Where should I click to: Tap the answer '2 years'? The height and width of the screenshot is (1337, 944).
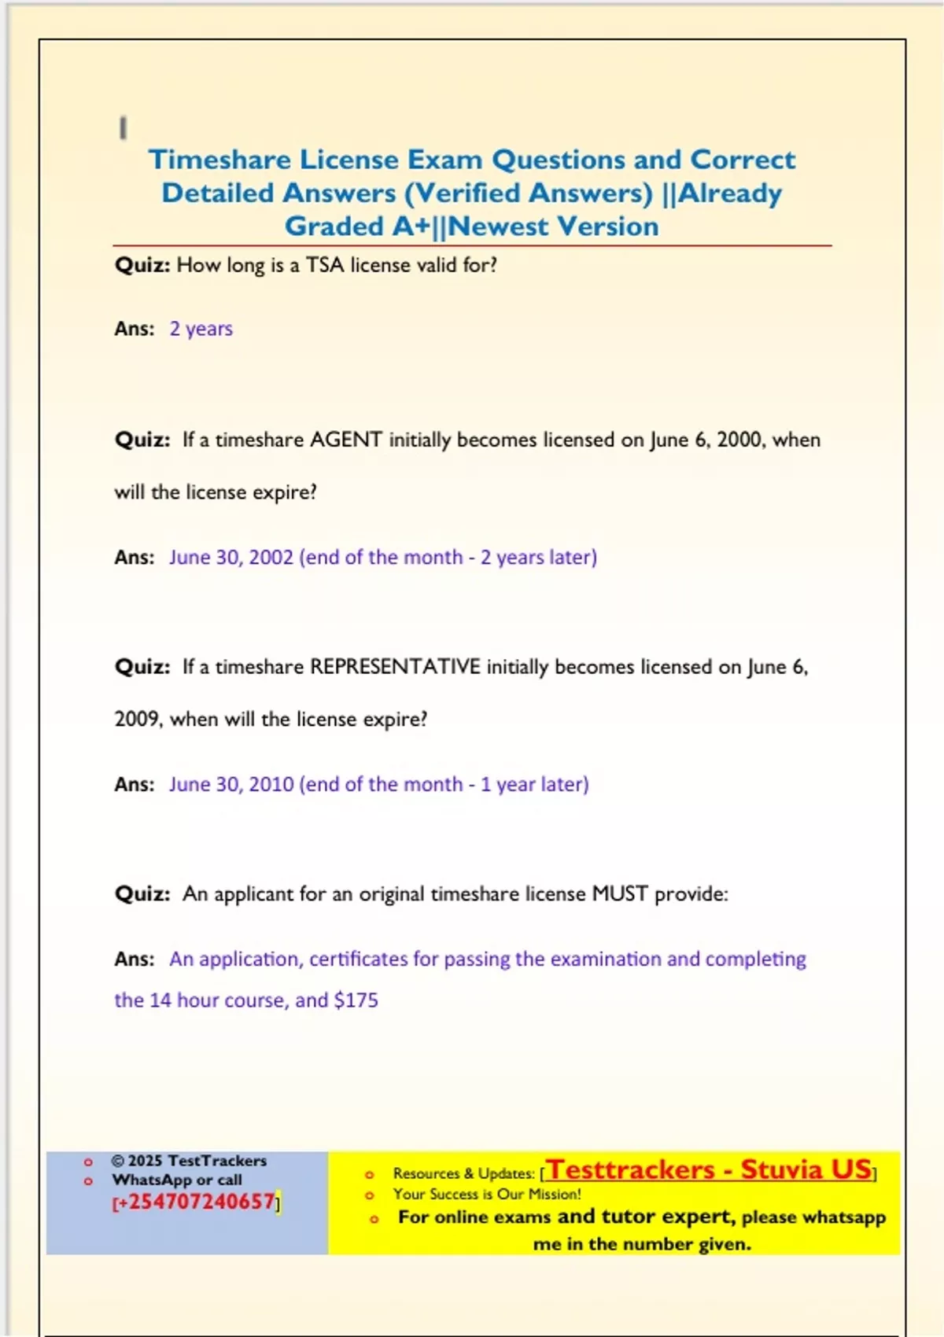tap(201, 329)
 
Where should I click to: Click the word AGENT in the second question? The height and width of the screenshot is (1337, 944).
tap(346, 440)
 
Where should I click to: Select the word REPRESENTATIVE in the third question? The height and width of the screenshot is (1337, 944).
tap(395, 667)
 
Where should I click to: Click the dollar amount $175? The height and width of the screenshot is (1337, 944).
tap(356, 1000)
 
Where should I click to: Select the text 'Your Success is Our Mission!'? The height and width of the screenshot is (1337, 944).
tap(487, 1194)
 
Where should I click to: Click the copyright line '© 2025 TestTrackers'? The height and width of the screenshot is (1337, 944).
tap(189, 1161)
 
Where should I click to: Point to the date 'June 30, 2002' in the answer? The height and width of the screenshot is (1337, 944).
tap(231, 558)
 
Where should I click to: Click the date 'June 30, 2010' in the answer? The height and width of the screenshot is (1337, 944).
tap(231, 785)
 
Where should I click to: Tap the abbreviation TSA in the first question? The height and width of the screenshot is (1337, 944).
tap(325, 265)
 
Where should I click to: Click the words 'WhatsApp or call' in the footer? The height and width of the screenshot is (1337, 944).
tap(177, 1180)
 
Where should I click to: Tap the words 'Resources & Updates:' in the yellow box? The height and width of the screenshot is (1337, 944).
tap(463, 1173)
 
